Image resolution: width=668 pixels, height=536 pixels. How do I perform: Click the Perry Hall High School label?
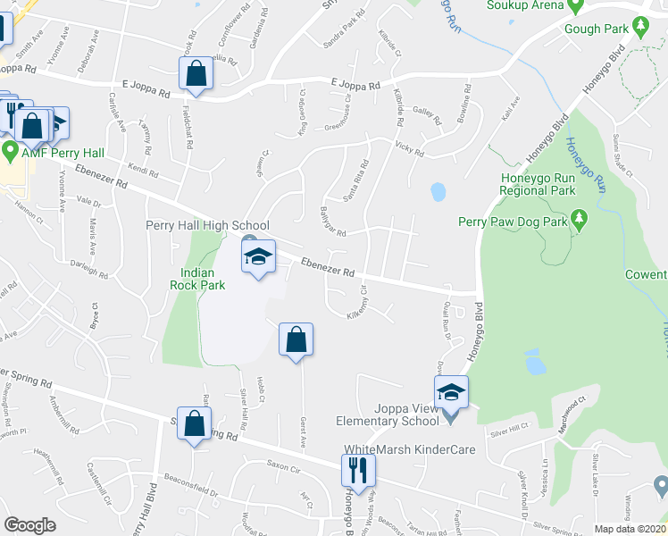point(207,226)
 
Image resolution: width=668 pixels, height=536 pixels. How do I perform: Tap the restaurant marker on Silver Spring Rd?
point(358,470)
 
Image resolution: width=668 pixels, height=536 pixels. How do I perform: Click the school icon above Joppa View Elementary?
point(451,391)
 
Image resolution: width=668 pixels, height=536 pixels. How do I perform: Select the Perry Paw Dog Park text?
point(513,221)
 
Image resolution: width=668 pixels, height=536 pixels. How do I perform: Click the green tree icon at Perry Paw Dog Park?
point(579,217)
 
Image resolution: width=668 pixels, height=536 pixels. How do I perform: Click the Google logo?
point(29,525)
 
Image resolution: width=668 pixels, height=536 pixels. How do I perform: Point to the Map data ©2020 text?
point(629,529)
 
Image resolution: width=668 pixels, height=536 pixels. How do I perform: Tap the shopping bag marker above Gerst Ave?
point(296,339)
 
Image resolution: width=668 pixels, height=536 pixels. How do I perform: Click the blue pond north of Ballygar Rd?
point(438,191)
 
